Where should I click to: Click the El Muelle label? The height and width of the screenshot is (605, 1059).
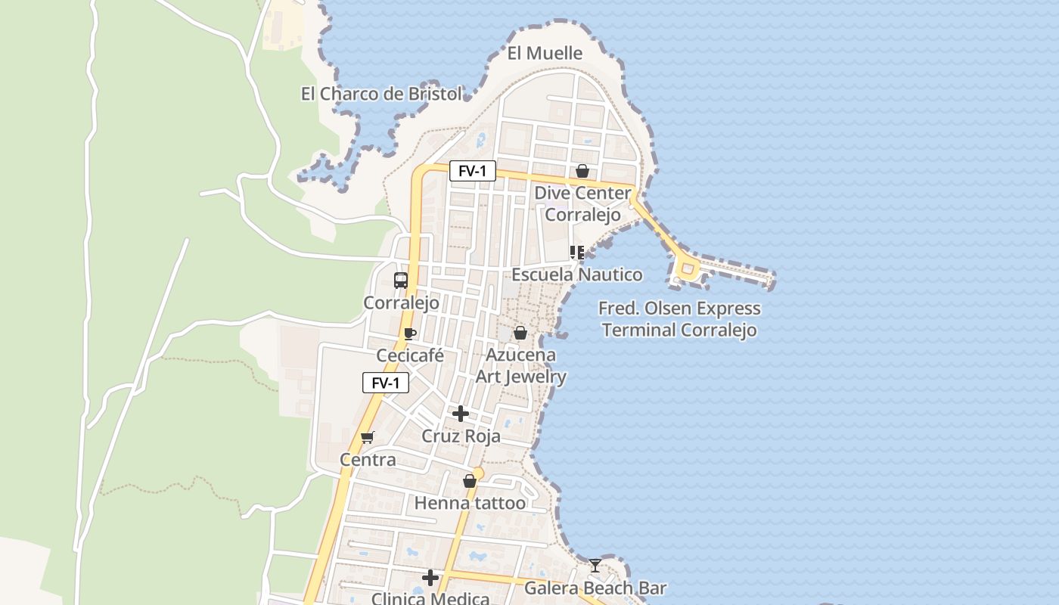(545, 53)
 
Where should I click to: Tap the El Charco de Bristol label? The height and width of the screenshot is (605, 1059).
(381, 94)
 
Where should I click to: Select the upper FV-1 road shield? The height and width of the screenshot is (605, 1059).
(473, 171)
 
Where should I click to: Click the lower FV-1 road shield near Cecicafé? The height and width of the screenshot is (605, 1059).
(386, 383)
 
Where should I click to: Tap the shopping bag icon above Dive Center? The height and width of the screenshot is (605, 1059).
(582, 171)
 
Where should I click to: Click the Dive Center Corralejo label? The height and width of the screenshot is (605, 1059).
(582, 204)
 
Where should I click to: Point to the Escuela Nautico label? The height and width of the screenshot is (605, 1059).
(577, 275)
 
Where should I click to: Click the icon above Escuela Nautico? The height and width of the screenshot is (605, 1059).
(577, 253)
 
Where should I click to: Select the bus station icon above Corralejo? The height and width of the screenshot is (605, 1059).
(401, 280)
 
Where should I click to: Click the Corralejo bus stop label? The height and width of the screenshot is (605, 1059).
(401, 303)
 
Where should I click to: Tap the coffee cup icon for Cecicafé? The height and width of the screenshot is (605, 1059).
(410, 334)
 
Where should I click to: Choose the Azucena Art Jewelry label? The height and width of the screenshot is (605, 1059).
(520, 365)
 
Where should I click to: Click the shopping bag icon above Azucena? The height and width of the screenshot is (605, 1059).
(520, 333)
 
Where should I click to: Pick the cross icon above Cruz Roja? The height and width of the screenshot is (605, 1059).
(460, 414)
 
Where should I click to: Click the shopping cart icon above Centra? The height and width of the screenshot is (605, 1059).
(368, 437)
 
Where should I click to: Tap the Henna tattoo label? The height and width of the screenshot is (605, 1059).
(470, 503)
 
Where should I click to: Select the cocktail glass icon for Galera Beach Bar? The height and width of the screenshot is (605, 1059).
(595, 565)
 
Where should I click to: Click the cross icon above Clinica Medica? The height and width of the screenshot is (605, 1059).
(430, 579)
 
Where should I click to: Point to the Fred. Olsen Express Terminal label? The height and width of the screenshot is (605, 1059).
(679, 319)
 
